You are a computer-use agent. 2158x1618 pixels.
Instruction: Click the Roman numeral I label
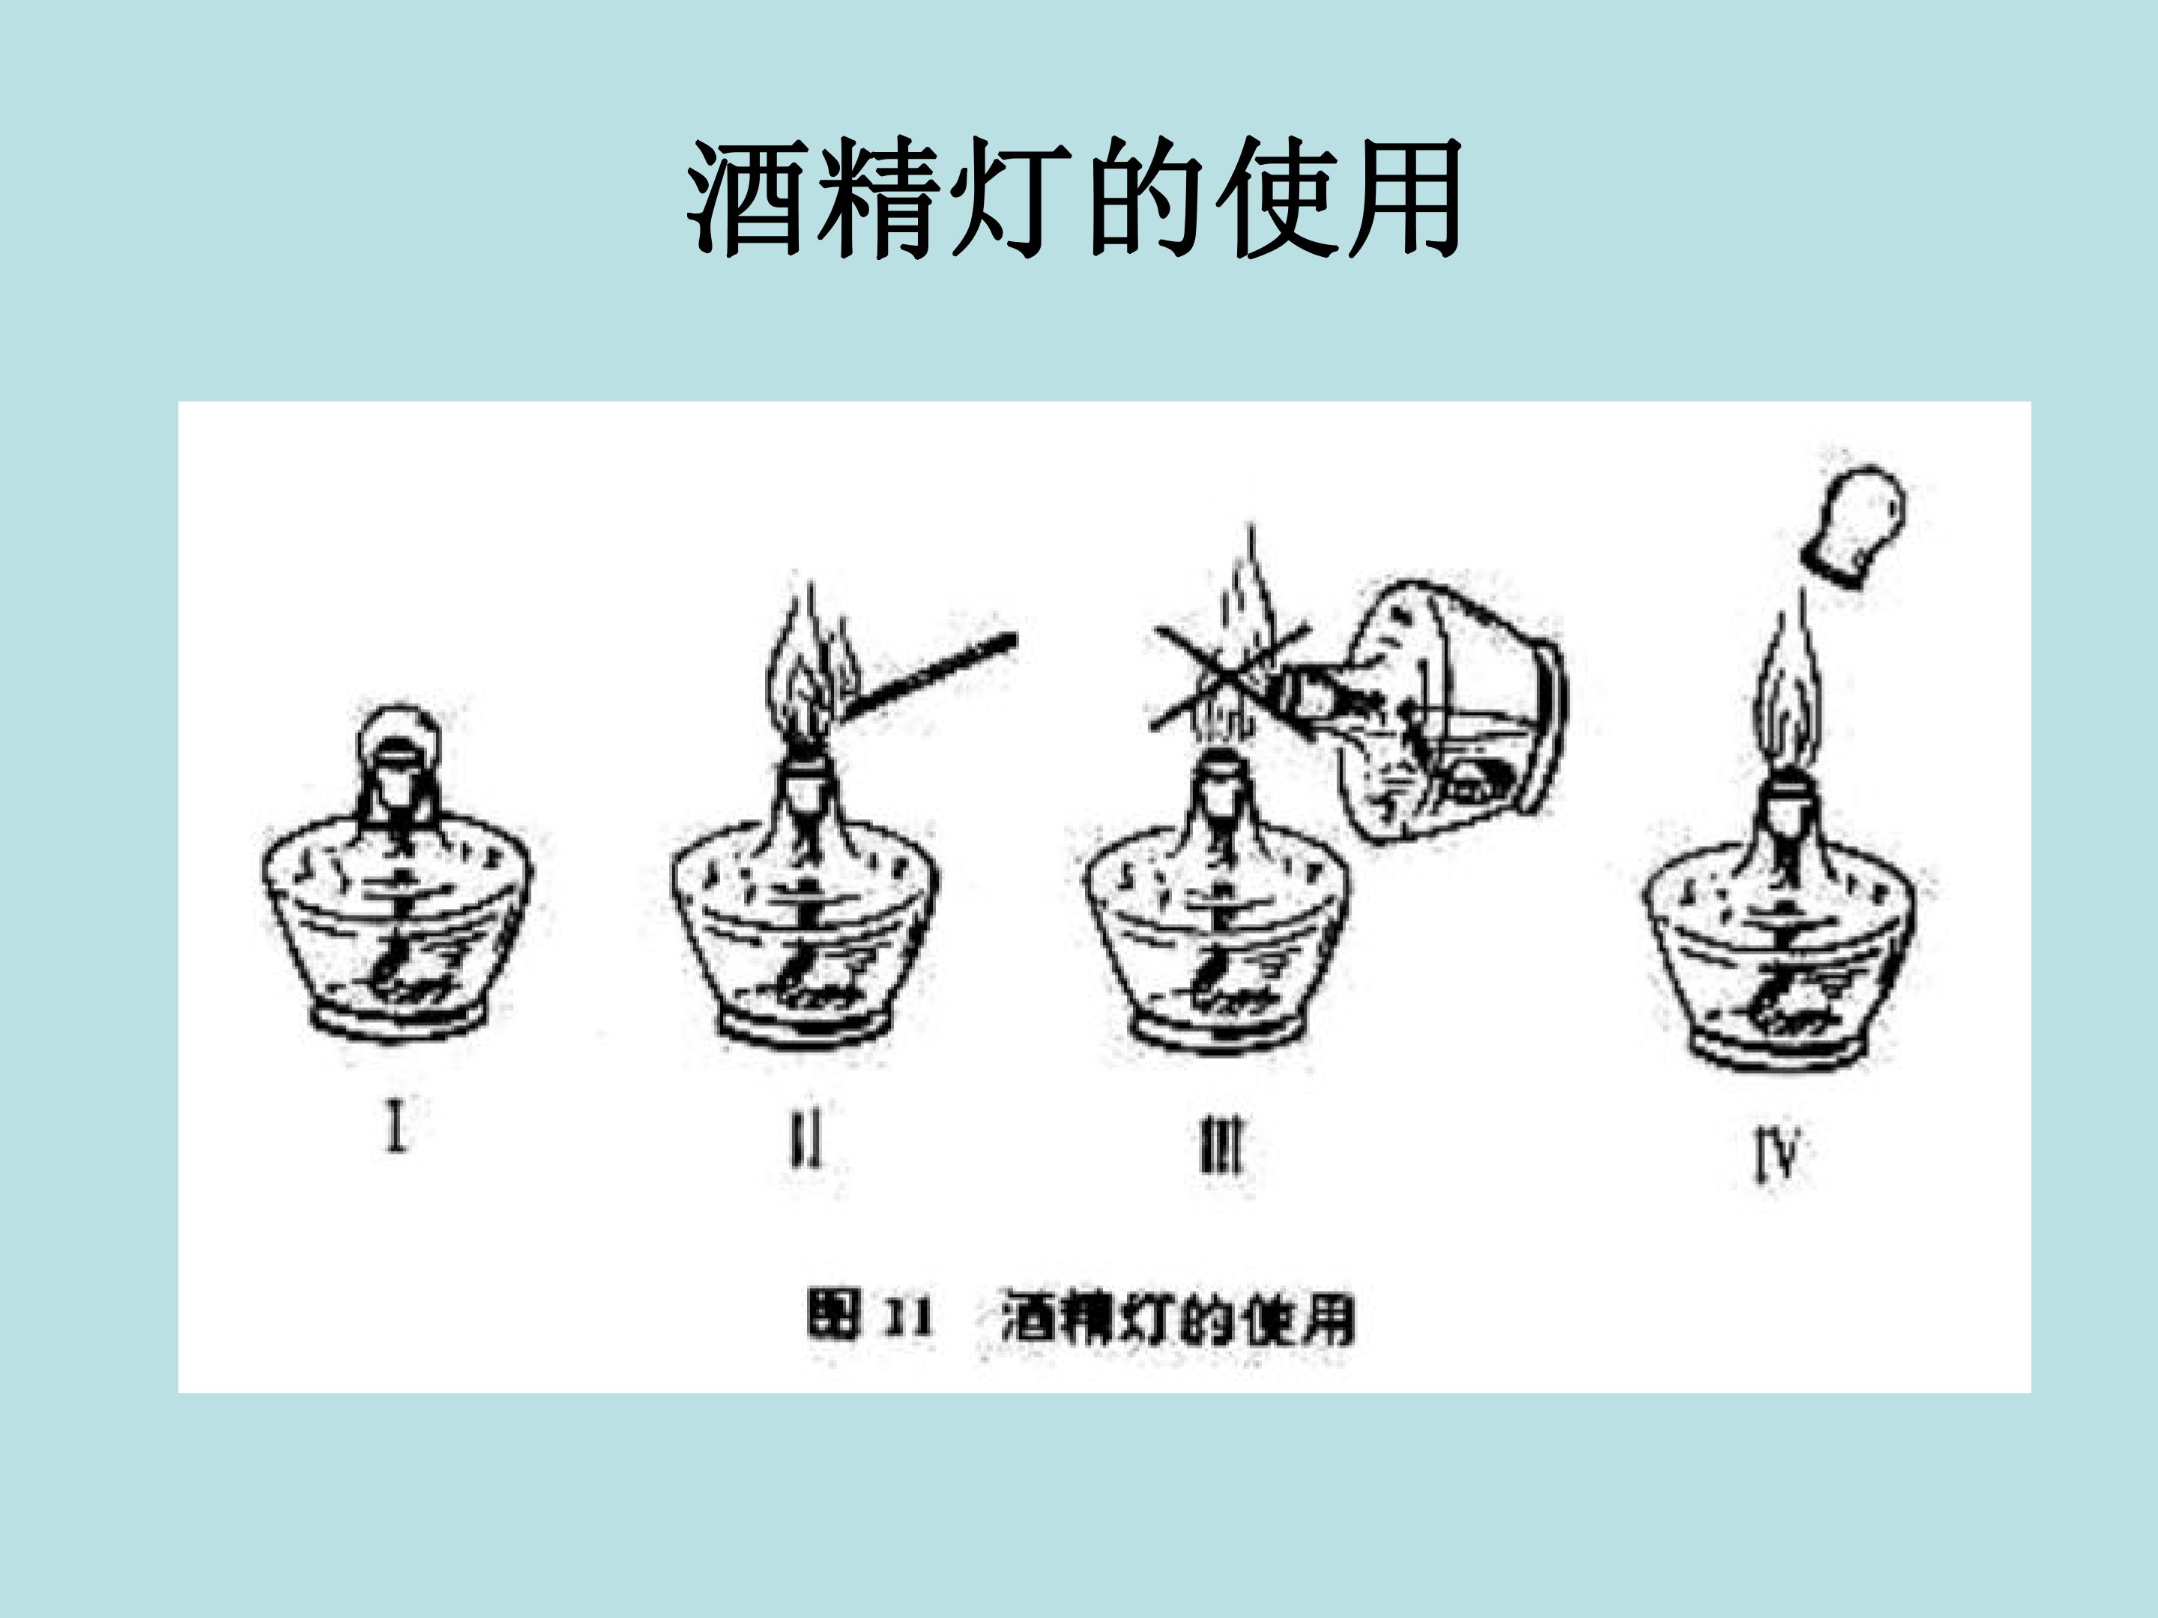point(395,1124)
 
